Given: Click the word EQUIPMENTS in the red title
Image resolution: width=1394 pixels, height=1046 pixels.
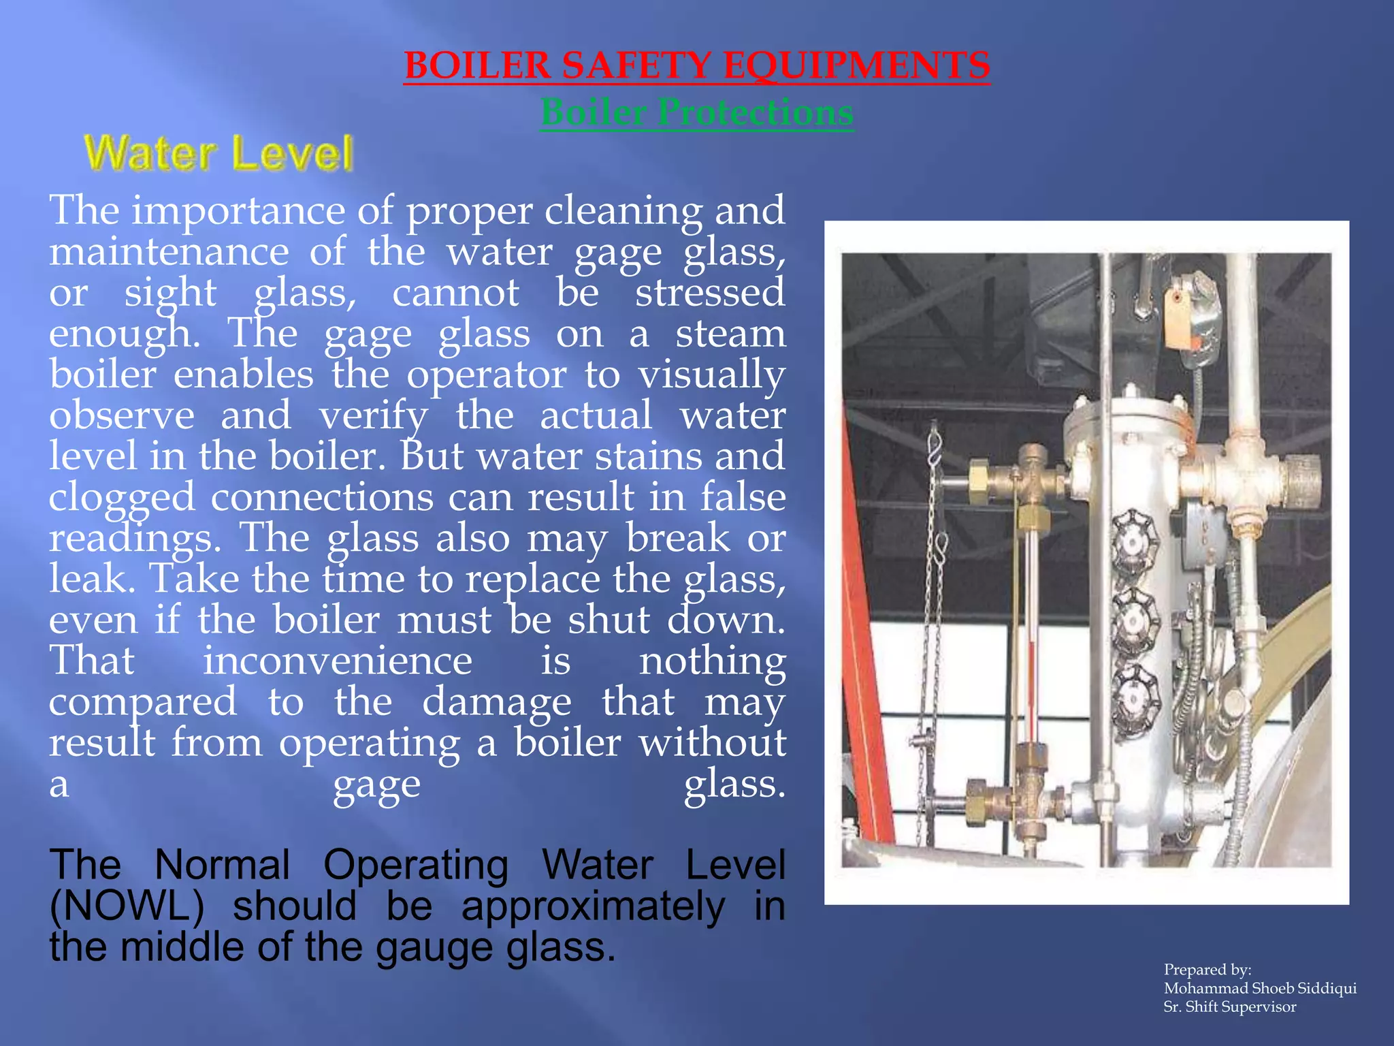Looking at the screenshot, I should (856, 66).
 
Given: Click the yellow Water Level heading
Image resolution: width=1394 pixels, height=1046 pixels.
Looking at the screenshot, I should (218, 153).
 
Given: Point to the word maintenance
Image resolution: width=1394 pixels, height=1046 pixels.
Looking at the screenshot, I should (169, 251).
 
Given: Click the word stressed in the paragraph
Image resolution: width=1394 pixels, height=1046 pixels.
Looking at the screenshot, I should (710, 292).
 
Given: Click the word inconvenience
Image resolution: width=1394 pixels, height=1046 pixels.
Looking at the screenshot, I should (338, 661).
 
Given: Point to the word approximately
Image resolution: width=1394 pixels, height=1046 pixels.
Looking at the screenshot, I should (593, 906).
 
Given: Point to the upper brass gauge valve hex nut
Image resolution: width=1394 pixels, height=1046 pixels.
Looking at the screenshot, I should (978, 472).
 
